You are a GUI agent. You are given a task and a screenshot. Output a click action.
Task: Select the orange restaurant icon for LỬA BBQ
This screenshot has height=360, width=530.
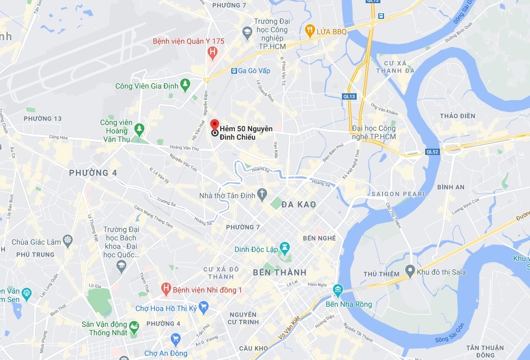[310, 31]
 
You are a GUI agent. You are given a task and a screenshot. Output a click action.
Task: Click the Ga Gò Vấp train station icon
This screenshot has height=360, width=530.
[233, 71]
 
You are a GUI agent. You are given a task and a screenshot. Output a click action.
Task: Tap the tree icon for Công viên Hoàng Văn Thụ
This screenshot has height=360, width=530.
[139, 128]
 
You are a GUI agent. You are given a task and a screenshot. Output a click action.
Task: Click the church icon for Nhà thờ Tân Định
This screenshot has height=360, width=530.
[262, 195]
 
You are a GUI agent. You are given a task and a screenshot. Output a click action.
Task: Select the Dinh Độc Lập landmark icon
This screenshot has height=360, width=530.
[285, 247]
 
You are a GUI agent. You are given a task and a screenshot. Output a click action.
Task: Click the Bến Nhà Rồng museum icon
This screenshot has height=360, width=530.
[337, 289]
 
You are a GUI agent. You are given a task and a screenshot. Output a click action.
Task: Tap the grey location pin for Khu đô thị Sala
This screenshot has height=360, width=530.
[410, 271]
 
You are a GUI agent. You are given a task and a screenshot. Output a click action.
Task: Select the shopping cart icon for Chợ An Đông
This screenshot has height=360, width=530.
[175, 339]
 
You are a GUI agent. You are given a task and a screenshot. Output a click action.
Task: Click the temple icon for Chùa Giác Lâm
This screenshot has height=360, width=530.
[67, 241]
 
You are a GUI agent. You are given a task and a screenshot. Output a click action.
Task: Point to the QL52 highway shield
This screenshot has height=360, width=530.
[432, 152]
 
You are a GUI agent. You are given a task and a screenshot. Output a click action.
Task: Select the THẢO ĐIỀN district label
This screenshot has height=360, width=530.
[457, 116]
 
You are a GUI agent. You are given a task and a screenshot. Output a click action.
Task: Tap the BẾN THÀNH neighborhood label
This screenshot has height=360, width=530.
[279, 273]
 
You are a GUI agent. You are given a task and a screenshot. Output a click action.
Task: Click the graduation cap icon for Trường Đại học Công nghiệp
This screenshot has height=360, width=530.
[246, 33]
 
